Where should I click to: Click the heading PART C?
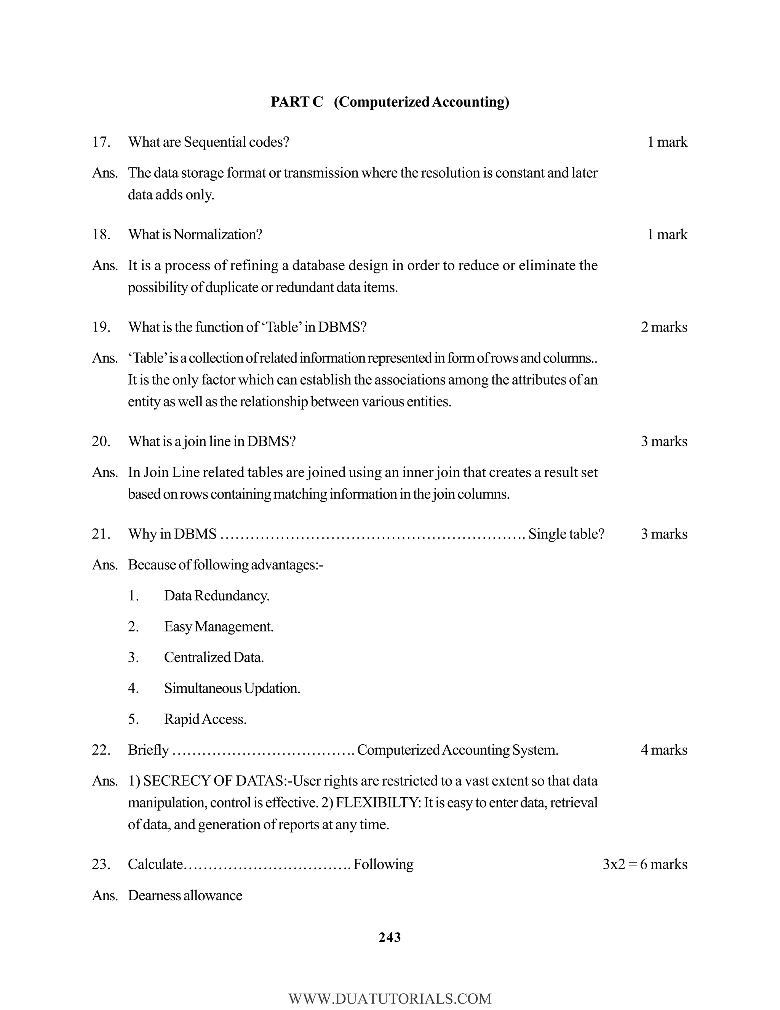(x=297, y=102)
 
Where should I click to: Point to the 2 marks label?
(x=663, y=327)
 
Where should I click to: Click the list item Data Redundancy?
(x=216, y=596)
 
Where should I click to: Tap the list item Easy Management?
(x=219, y=627)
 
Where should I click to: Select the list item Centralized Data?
(x=214, y=657)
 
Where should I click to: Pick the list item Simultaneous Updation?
(x=232, y=688)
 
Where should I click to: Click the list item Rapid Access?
(x=205, y=719)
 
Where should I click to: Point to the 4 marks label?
(x=663, y=750)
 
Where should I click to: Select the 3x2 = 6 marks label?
(x=645, y=864)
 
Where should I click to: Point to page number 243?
(x=390, y=938)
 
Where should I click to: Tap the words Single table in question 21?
(x=566, y=534)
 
